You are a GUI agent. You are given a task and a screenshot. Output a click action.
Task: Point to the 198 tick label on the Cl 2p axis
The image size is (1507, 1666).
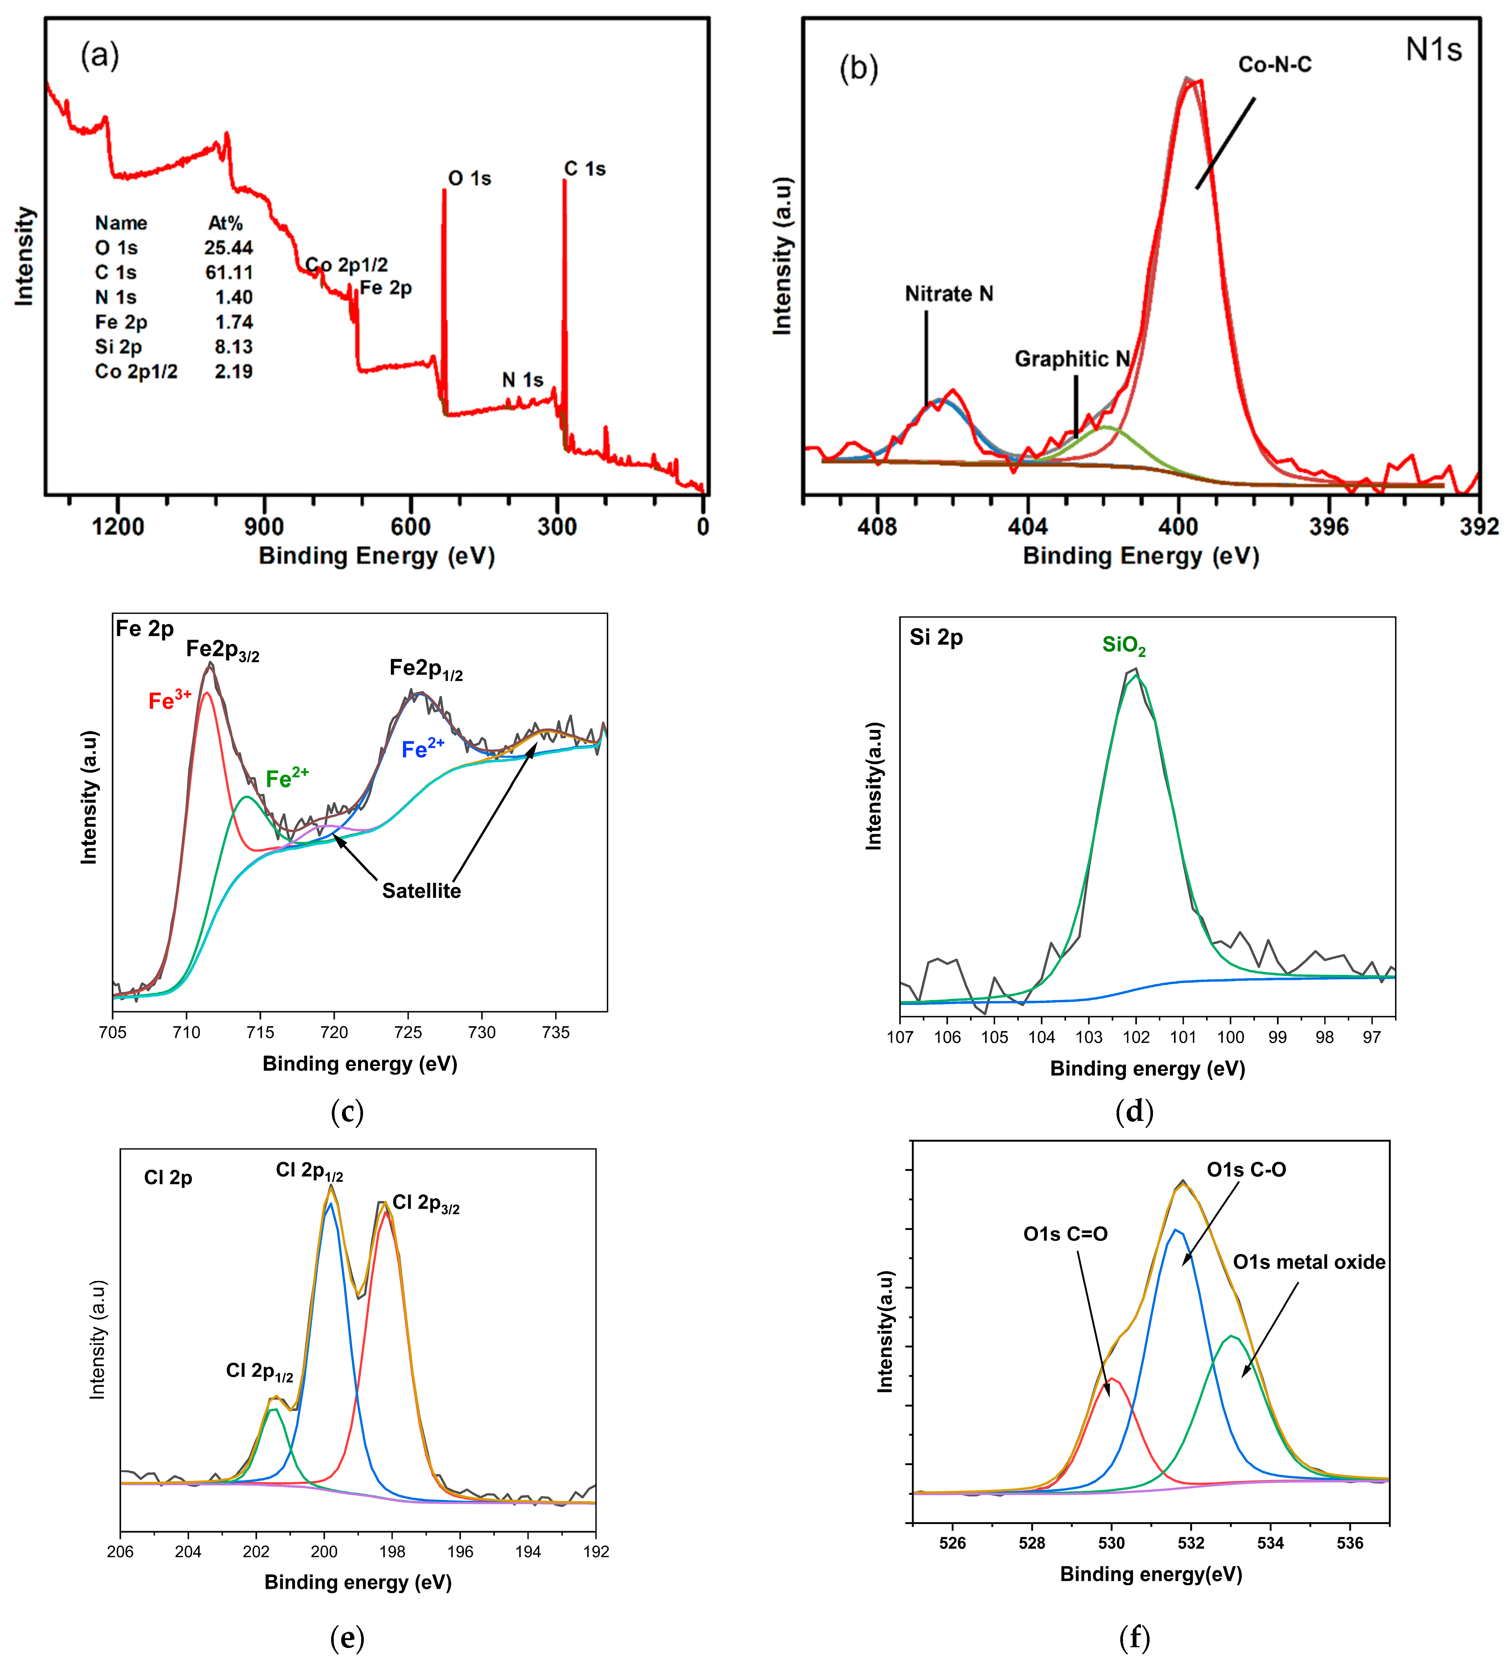(392, 1552)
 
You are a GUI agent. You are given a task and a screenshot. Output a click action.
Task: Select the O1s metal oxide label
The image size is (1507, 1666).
(1309, 1262)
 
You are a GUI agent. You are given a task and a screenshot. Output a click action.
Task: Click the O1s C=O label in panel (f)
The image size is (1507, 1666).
(1065, 1234)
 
